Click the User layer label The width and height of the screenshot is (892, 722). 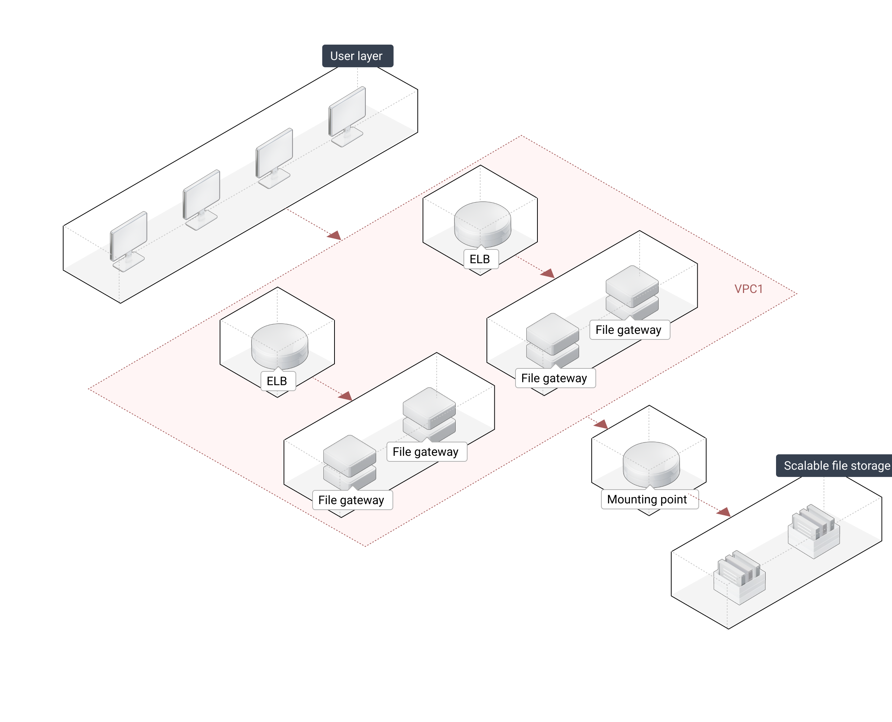pyautogui.click(x=357, y=56)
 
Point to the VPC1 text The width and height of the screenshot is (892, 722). pyautogui.click(x=748, y=289)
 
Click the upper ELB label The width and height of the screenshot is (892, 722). pyautogui.click(x=480, y=259)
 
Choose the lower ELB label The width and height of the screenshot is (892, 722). pyautogui.click(x=277, y=381)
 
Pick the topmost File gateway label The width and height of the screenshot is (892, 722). pyautogui.click(x=628, y=330)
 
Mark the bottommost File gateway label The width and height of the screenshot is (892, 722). pyautogui.click(x=351, y=500)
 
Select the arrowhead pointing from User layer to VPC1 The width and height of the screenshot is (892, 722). pyautogui.click(x=335, y=236)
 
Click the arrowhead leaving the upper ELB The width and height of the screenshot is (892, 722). pyautogui.click(x=549, y=273)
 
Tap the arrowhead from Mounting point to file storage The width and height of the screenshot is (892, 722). pyautogui.click(x=724, y=512)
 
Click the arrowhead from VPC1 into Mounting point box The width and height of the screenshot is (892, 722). pyautogui.click(x=602, y=424)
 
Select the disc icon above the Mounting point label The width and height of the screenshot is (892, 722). pyautogui.click(x=651, y=464)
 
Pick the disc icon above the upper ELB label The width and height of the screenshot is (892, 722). pyautogui.click(x=482, y=223)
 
